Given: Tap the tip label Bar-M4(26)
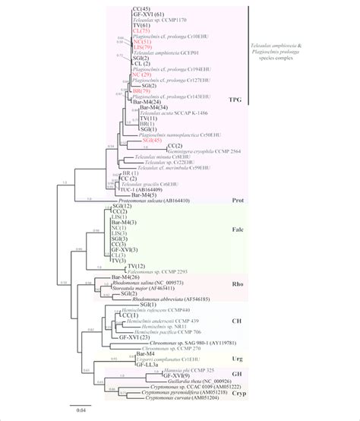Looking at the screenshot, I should coord(126,277).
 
